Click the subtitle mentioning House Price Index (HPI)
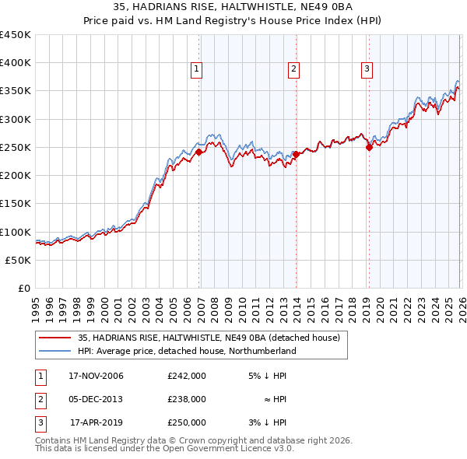[x=233, y=21]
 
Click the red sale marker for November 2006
[x=198, y=152]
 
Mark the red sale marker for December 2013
[x=297, y=155]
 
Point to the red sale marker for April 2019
[x=369, y=148]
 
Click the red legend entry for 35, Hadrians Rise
[x=209, y=338]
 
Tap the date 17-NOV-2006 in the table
[x=96, y=376]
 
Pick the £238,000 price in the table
[x=187, y=399]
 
